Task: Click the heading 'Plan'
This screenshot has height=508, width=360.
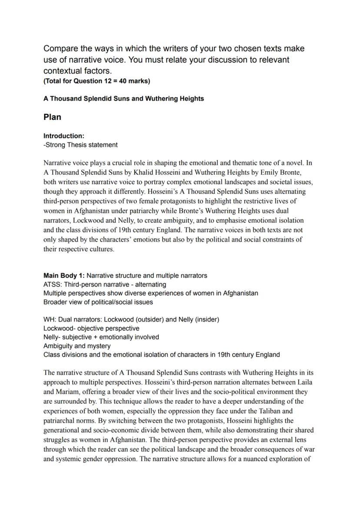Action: pyautogui.click(x=52, y=117)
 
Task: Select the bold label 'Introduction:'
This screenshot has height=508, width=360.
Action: pyautogui.click(x=64, y=136)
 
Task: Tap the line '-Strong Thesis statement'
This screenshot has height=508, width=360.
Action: pyautogui.click(x=80, y=145)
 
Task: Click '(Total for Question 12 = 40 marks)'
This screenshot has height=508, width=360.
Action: pyautogui.click(x=97, y=81)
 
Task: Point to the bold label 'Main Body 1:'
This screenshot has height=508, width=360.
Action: pyautogui.click(x=64, y=276)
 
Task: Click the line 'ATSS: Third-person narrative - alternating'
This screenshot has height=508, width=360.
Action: pyautogui.click(x=104, y=284)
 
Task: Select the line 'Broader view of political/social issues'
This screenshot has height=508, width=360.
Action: pyautogui.click(x=98, y=302)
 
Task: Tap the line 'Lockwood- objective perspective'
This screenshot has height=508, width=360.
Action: pyautogui.click(x=91, y=329)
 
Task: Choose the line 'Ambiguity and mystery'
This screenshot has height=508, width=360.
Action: pyautogui.click(x=77, y=346)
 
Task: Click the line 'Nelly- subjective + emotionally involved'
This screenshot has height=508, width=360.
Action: pyautogui.click(x=101, y=337)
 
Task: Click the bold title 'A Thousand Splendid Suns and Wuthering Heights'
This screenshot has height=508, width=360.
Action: pyautogui.click(x=123, y=99)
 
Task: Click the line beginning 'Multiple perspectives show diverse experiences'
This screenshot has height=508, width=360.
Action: pyautogui.click(x=150, y=293)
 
